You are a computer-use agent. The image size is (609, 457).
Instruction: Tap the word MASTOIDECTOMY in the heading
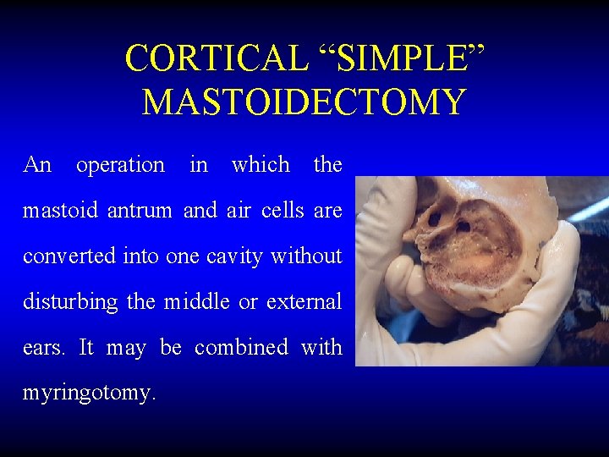tap(304, 102)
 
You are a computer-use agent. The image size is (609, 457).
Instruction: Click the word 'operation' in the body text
tap(120, 164)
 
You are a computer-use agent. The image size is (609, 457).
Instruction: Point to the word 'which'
tap(261, 164)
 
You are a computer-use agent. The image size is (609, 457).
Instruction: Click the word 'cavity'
tap(232, 256)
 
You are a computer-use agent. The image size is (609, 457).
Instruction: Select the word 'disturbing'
tap(70, 301)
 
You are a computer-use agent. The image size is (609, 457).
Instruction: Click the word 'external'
tap(304, 301)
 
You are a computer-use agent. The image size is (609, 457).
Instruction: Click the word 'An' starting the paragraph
tap(37, 164)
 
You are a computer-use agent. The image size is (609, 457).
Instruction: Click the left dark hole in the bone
tap(435, 217)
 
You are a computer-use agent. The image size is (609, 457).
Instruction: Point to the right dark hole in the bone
tap(464, 226)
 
